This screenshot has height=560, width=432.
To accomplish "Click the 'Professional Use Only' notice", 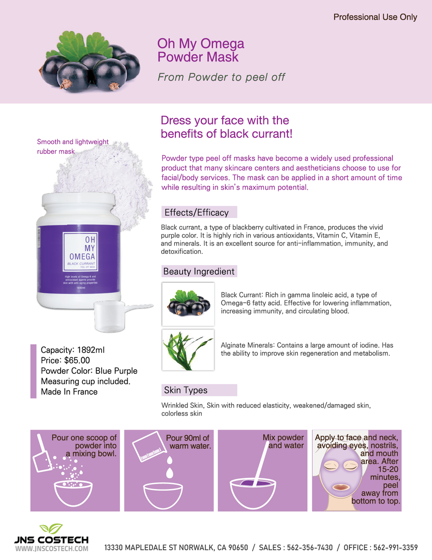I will pyautogui.click(x=375, y=17).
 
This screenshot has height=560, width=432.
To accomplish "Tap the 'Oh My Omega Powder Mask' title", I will pyautogui.click(x=201, y=50).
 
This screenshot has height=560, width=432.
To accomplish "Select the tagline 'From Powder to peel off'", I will pyautogui.click(x=221, y=77).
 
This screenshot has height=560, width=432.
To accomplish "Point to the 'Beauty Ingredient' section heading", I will pyautogui.click(x=199, y=272).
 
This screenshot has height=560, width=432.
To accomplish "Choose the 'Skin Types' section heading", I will pyautogui.click(x=185, y=390).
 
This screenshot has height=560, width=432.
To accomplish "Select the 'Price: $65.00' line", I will pyautogui.click(x=65, y=360).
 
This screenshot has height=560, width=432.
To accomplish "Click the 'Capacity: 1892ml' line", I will pyautogui.click(x=75, y=350).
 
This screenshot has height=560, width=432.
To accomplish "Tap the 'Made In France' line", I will pyautogui.click(x=69, y=392).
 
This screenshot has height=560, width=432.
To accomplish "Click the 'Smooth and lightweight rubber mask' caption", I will pyautogui.click(x=73, y=147).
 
